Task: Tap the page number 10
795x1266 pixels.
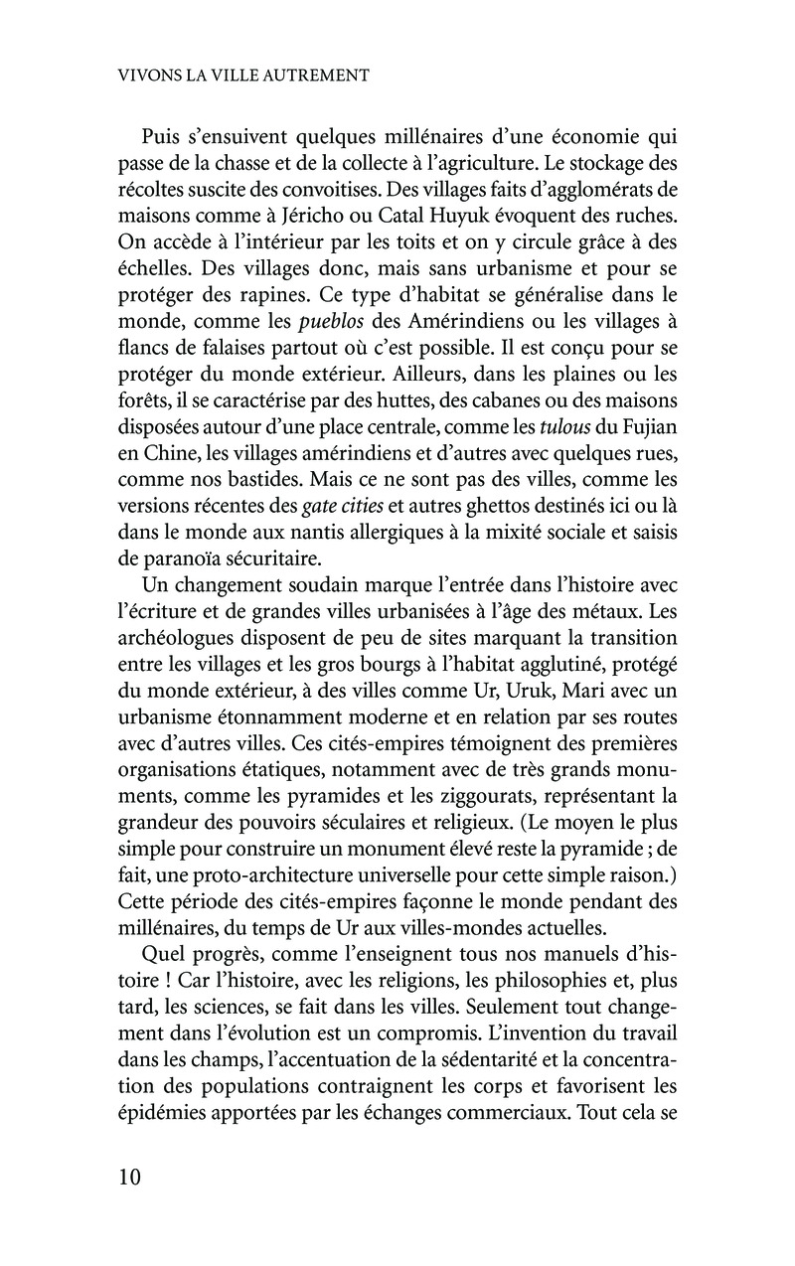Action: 129,1179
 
